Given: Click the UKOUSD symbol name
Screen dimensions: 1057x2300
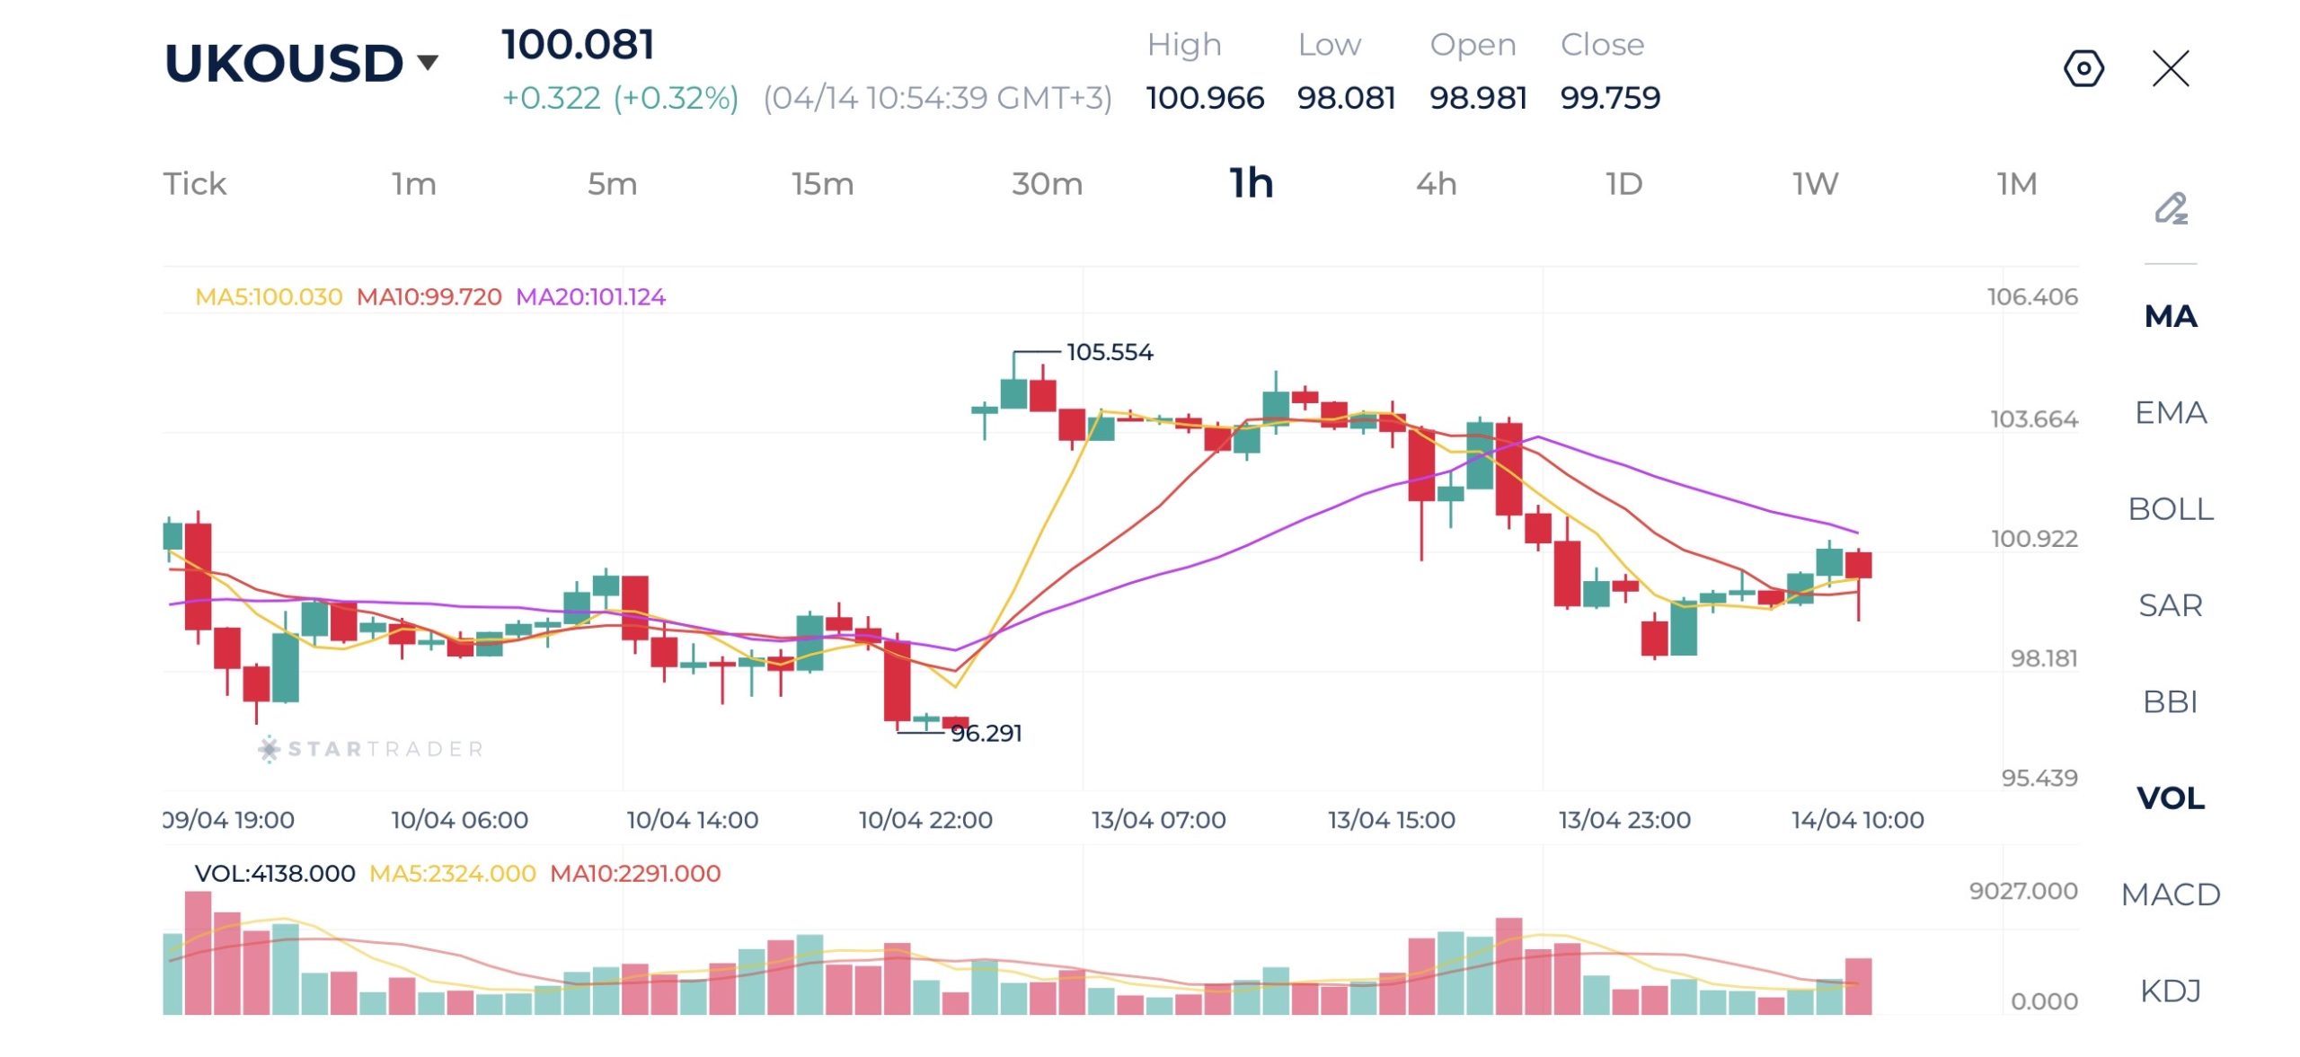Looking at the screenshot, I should (283, 63).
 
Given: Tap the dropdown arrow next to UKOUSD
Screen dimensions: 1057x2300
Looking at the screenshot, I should (428, 62).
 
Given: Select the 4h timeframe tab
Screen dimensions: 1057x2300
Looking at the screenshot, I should (1436, 184).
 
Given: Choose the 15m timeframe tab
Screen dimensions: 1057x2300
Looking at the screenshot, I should (822, 184).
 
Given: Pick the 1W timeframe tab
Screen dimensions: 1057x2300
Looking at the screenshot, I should (1815, 184).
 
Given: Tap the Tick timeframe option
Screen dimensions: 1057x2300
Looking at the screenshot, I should (194, 184).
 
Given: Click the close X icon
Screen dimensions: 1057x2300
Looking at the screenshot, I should (2171, 68).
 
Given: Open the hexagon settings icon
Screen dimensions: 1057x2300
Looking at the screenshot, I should (2083, 68).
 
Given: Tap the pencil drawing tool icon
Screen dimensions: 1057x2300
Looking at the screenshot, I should (2171, 208).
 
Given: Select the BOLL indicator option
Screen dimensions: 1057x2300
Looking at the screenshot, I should (2171, 509).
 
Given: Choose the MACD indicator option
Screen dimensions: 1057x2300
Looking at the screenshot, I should (2171, 894).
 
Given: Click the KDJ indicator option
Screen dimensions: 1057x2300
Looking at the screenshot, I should (2171, 991).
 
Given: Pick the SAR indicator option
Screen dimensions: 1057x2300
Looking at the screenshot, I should (2171, 605).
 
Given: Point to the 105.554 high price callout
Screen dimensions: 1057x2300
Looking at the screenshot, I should (1110, 352).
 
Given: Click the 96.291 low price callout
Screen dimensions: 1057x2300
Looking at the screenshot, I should (986, 734).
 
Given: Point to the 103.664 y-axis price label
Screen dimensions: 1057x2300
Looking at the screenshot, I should (2033, 419).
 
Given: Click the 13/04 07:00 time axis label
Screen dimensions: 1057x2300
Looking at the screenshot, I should (1158, 820).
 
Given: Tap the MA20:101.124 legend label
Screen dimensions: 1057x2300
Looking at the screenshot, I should (590, 297).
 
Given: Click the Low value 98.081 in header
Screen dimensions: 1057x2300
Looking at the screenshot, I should (1346, 98).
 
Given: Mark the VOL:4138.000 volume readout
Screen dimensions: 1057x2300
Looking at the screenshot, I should (275, 874).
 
